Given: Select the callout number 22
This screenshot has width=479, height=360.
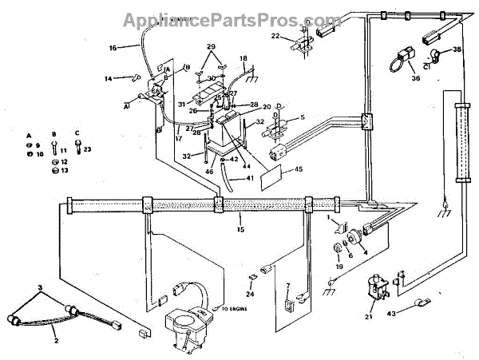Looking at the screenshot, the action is click(275, 36).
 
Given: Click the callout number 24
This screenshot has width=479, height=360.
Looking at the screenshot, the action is click(250, 294).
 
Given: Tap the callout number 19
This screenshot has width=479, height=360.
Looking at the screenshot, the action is click(339, 267).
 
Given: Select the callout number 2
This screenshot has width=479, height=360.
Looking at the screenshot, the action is click(57, 341).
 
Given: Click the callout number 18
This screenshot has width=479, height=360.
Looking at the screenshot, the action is click(243, 58).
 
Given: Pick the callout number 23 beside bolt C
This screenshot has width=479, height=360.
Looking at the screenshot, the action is click(88, 148).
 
